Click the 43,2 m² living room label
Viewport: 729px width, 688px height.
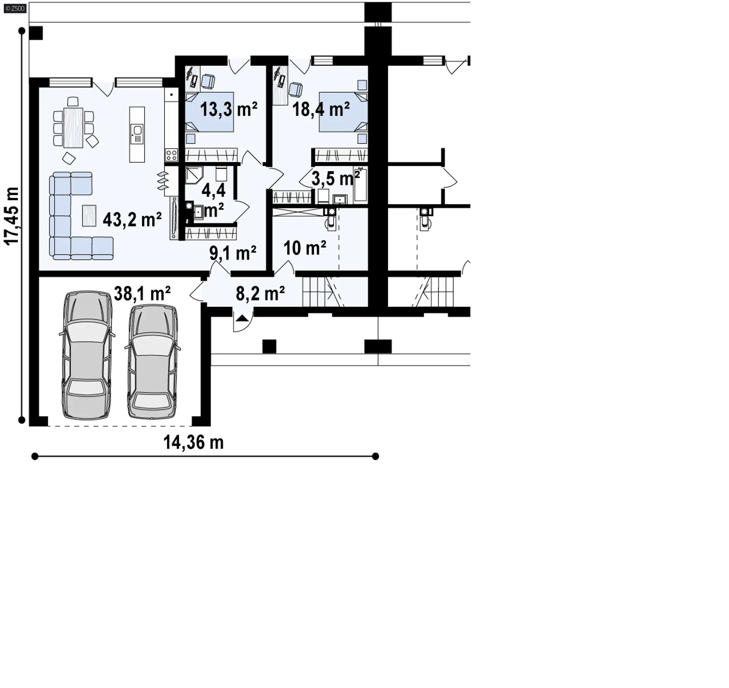coord(132,220)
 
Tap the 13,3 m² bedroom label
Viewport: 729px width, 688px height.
coord(229,109)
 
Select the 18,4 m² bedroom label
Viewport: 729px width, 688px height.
coord(321,109)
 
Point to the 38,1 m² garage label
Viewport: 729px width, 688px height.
coord(142,293)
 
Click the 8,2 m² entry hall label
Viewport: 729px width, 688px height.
coord(260,293)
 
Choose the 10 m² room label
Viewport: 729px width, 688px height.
coord(305,248)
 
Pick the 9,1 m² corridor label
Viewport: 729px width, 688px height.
coord(233,253)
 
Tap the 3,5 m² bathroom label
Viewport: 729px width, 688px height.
coord(336,178)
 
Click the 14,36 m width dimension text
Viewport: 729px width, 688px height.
coord(194,443)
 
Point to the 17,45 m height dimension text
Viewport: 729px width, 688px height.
coord(12,216)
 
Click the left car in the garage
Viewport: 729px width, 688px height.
coord(87,355)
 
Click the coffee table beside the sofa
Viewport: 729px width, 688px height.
coord(89,215)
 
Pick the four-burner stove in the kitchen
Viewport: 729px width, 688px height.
coord(171,155)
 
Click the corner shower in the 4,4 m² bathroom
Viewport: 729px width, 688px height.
coord(194,175)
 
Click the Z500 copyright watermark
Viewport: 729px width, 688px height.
coord(15,8)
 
